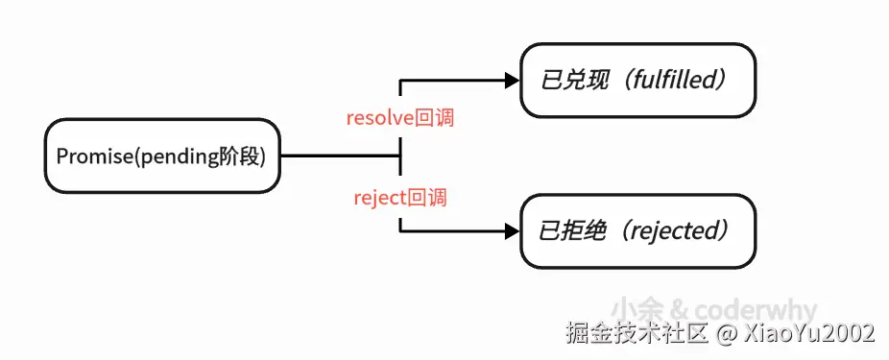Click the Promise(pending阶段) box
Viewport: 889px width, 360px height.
(161, 156)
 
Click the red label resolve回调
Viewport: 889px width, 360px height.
(399, 119)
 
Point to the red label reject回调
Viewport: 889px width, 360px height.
(400, 199)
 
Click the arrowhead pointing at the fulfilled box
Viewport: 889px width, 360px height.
(512, 81)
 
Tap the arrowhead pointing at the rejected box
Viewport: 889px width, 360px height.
(512, 230)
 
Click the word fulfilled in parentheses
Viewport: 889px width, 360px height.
(676, 81)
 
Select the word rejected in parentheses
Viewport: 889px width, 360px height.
(676, 231)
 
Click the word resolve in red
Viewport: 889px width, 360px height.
(379, 119)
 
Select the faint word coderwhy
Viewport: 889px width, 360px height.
(757, 310)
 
